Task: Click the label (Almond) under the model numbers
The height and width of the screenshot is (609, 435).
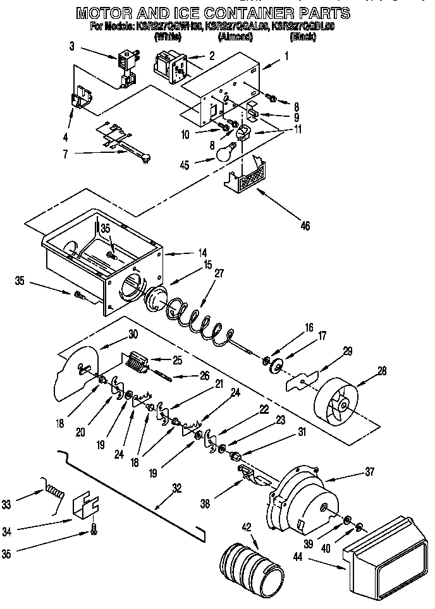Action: click(x=235, y=37)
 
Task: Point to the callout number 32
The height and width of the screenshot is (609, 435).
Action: click(x=176, y=487)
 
